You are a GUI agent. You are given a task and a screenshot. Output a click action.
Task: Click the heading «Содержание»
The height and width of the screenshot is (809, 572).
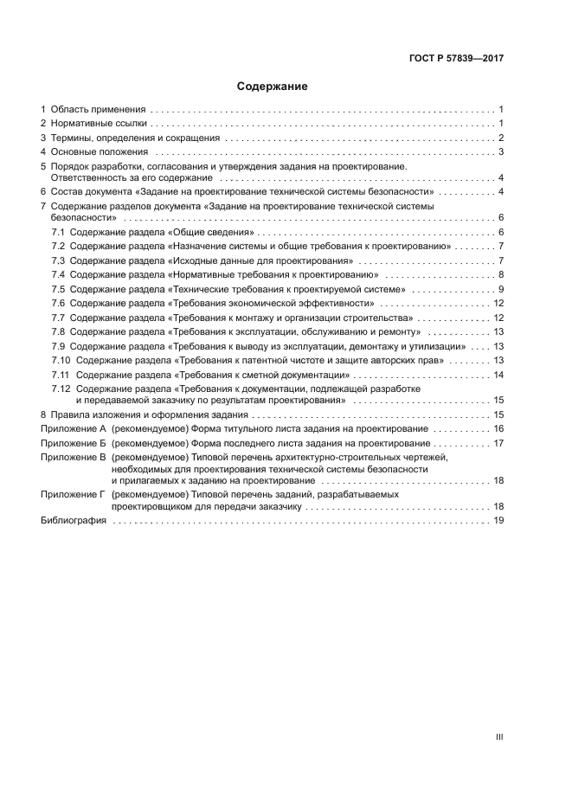pos(273,87)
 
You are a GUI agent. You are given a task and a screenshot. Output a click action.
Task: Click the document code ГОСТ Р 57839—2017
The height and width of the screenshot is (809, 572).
pos(456,58)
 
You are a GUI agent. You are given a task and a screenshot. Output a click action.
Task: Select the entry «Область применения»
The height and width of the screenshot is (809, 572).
pos(98,110)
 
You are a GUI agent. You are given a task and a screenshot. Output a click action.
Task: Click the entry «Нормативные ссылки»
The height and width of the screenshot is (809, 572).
pos(99,124)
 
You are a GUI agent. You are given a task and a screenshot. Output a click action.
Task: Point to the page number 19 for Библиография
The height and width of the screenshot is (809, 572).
pos(498,521)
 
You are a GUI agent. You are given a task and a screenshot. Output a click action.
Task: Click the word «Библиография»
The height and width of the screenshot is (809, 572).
pos(74,521)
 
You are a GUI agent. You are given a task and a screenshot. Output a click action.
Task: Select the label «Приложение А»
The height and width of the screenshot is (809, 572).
pos(74,429)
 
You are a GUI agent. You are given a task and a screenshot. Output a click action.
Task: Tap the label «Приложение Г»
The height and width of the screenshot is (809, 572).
pos(73,494)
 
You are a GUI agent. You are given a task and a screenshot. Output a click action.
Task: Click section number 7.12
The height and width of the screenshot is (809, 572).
pos(61,389)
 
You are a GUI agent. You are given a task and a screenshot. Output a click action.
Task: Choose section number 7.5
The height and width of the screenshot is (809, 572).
pos(58,288)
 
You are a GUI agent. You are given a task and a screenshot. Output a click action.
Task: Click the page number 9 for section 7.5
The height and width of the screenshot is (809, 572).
pos(501,288)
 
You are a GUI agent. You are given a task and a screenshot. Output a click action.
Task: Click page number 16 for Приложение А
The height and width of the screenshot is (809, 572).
pos(498,429)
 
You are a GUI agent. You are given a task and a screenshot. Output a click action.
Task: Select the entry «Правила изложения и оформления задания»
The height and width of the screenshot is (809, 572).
pos(143,415)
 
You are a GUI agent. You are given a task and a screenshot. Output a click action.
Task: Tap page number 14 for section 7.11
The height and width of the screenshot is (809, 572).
pos(498,375)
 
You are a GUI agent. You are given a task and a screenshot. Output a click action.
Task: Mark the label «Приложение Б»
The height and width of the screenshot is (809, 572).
pos(73,443)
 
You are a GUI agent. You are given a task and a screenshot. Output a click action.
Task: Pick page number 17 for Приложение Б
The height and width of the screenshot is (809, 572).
pos(498,443)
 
